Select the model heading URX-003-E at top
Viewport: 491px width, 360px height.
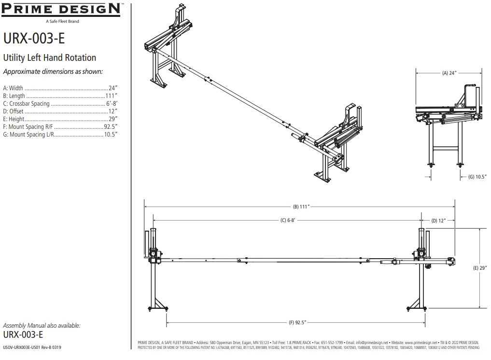[34, 39]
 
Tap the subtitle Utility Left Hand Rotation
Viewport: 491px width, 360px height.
[50, 58]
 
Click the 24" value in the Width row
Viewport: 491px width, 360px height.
[113, 88]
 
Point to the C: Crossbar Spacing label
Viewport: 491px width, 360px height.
[27, 104]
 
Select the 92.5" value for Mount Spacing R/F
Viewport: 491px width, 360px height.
[111, 126]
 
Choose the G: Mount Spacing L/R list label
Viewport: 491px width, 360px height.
[29, 134]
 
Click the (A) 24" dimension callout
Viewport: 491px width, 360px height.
[449, 73]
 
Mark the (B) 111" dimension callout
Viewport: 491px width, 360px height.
[300, 207]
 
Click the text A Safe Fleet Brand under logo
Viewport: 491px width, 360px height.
[62, 21]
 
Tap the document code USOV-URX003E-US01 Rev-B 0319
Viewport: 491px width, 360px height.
[32, 347]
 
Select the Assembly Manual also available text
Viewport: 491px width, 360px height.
[42, 326]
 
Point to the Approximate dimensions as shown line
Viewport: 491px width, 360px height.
[53, 72]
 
